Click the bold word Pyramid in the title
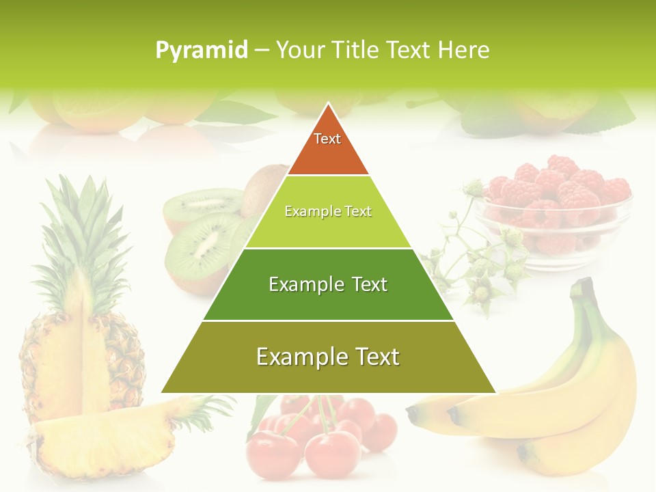coord(202,51)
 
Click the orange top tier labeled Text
coord(328,147)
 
